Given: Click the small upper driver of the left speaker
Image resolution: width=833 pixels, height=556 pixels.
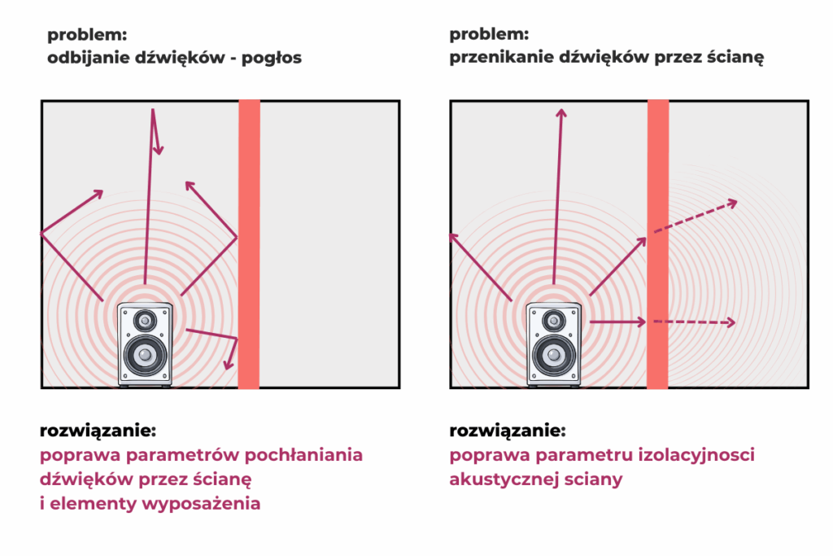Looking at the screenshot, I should coord(146,320).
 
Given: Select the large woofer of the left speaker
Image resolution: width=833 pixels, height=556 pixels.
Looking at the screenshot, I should coord(145,355).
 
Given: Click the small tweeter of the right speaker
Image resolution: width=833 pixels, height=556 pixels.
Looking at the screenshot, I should coord(555,320).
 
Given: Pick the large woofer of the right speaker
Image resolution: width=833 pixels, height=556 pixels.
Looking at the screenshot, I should coord(554,355).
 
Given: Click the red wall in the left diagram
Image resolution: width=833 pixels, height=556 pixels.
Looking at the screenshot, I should coord(249,244).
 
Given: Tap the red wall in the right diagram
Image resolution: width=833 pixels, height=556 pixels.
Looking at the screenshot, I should coord(657,244).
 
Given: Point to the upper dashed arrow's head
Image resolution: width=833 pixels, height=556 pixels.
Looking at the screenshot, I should coord(735,202).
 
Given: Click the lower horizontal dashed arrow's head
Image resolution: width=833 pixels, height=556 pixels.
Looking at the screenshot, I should coord(732,322).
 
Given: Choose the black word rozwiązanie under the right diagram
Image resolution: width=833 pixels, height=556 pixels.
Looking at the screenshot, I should coord(506,430).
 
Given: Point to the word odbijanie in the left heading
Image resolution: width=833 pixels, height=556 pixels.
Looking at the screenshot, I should coord(83,59).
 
